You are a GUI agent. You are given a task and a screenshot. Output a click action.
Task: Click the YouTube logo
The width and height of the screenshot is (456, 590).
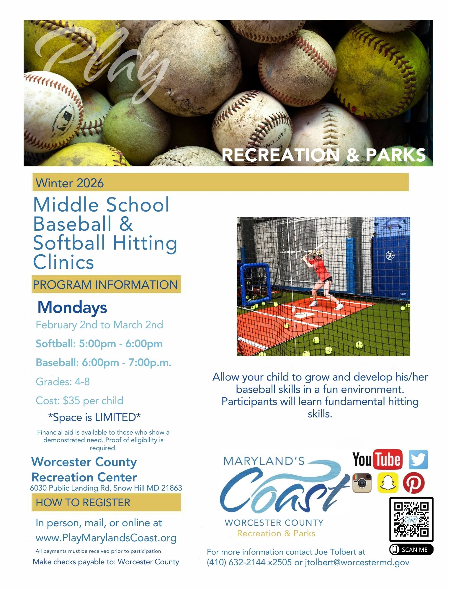(x=377, y=459)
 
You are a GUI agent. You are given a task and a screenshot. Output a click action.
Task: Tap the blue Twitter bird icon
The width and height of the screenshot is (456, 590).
(x=418, y=459)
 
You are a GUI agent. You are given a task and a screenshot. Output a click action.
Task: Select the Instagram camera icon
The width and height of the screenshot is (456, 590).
(x=362, y=483)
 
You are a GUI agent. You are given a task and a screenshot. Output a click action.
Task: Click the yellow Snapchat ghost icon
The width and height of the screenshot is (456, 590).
(x=388, y=483)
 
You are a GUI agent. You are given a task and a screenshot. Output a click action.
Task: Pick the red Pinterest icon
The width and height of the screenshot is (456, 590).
(x=414, y=483)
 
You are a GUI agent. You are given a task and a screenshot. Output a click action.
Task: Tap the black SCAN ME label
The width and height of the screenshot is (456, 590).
(x=411, y=549)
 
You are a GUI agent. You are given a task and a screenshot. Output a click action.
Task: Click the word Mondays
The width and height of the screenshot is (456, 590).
(x=72, y=308)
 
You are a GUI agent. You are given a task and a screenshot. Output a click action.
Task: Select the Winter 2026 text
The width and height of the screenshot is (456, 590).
(x=70, y=183)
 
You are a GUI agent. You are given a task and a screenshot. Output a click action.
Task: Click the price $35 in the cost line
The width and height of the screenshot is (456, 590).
(x=71, y=400)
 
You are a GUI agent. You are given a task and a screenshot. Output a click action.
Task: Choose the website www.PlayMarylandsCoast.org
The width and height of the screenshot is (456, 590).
(x=106, y=538)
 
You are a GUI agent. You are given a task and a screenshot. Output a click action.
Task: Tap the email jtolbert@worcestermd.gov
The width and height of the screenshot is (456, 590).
(x=357, y=562)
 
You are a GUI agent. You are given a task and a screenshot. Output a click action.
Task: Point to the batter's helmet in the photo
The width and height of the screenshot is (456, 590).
(x=317, y=253)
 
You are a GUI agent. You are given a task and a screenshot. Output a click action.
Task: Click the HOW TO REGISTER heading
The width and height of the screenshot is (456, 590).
(x=83, y=502)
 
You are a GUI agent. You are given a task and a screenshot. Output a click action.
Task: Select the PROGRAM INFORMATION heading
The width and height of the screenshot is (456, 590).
(x=105, y=285)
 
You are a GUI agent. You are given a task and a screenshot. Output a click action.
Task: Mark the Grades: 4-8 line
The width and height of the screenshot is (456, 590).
(x=63, y=381)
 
